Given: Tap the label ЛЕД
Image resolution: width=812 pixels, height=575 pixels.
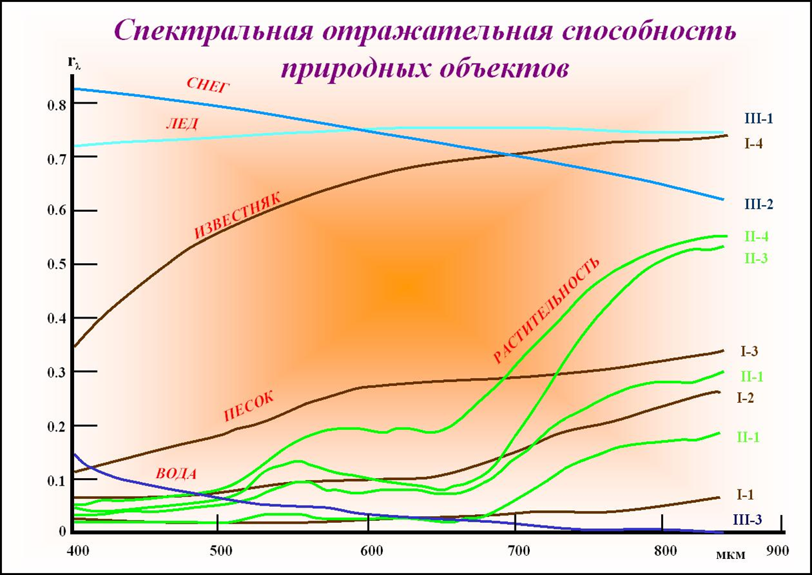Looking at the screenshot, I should [x=181, y=124].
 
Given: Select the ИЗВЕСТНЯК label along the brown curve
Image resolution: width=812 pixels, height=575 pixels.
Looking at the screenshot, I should [x=238, y=216].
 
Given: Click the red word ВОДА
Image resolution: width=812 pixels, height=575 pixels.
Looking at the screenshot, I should [x=176, y=473].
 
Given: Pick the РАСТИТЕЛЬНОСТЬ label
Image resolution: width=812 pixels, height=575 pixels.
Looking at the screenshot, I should [x=547, y=311].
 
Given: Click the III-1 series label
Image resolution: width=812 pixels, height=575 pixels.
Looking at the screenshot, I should [x=759, y=119].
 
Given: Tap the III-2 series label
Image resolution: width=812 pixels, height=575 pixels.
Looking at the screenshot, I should [x=759, y=204].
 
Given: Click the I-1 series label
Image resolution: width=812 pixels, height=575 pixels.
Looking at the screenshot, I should [x=745, y=495].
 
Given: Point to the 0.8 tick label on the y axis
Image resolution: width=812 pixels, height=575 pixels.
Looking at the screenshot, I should [x=58, y=104].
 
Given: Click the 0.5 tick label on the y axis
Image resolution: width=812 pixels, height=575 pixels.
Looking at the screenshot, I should [x=58, y=265].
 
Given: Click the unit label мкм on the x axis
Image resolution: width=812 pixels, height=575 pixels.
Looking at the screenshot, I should [x=731, y=554].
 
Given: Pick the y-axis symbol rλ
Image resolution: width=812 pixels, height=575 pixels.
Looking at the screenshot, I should [x=74, y=63].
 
